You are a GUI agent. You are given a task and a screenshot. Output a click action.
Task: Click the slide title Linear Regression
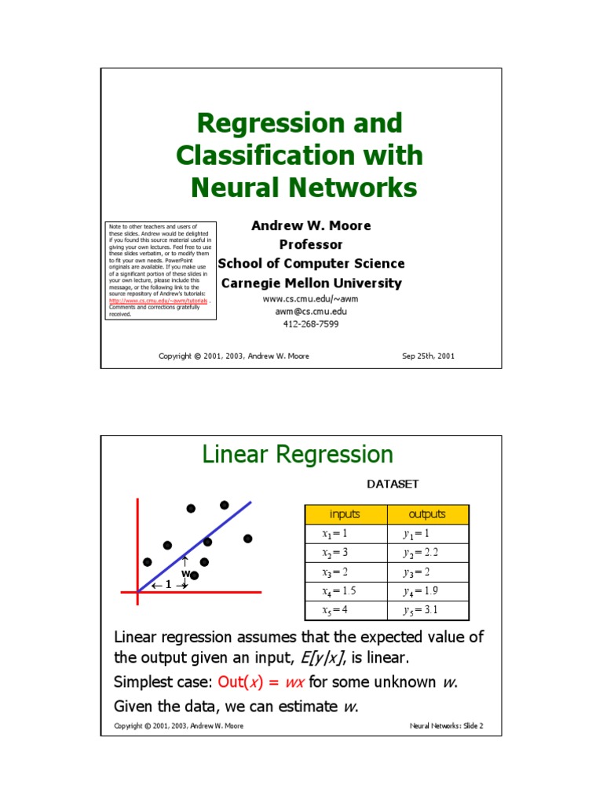(x=298, y=455)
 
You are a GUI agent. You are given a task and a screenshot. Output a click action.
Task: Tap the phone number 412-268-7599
(x=311, y=323)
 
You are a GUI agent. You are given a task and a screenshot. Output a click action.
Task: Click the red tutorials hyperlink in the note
(x=158, y=301)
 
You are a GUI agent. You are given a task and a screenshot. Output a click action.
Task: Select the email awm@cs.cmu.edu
(x=311, y=312)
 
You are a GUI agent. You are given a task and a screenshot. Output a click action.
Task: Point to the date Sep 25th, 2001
(x=428, y=356)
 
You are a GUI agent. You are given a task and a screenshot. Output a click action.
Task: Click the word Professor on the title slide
(x=311, y=244)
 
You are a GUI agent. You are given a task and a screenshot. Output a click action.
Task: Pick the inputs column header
(x=345, y=514)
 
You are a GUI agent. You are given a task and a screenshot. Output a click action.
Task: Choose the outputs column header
(x=427, y=514)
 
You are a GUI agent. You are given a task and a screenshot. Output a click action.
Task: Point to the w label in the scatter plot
(x=185, y=574)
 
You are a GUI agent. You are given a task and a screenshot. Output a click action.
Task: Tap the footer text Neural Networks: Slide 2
(x=446, y=725)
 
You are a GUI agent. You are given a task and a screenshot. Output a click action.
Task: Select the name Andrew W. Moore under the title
(x=311, y=225)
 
